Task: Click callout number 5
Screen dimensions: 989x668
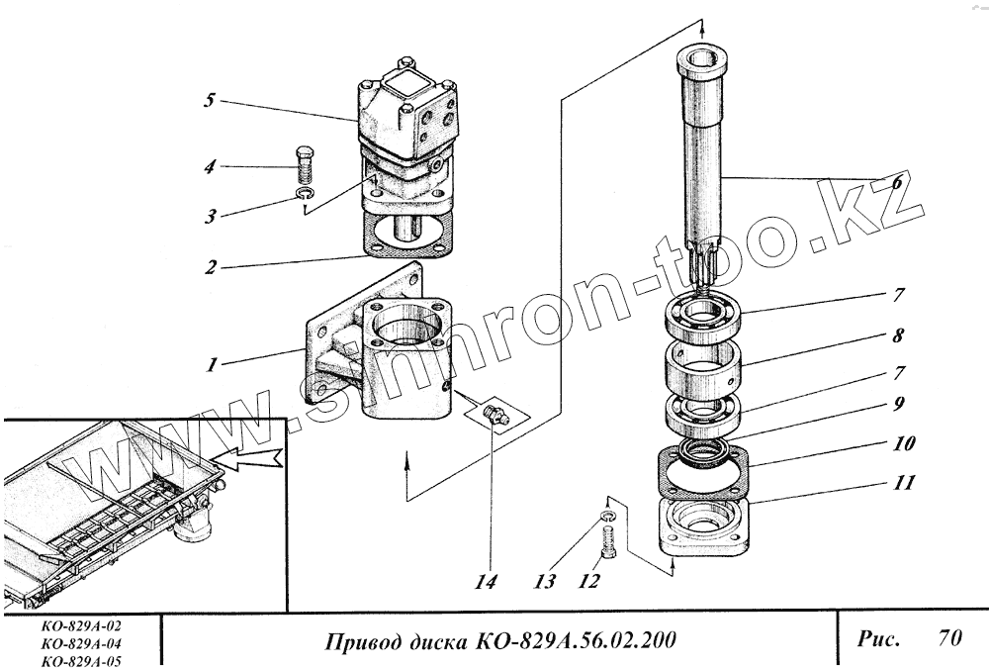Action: [210, 100]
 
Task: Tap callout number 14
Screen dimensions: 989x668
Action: [484, 581]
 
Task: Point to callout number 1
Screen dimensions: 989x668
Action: [211, 364]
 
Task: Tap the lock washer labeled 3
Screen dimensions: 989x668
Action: [306, 197]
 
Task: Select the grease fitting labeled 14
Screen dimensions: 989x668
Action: [496, 416]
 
